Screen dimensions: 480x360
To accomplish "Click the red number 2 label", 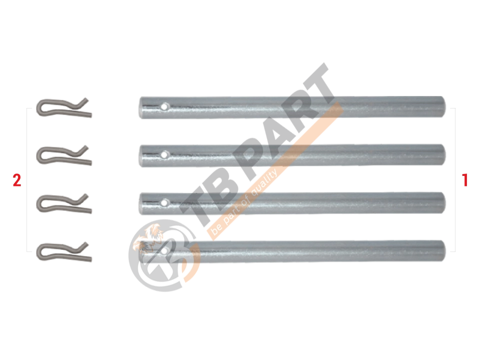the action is pyautogui.click(x=17, y=180).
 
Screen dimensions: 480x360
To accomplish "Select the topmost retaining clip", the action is pyautogui.click(x=64, y=108).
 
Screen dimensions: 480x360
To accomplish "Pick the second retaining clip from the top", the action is pyautogui.click(x=64, y=155).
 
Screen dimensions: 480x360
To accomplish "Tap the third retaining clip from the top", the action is pyautogui.click(x=64, y=203).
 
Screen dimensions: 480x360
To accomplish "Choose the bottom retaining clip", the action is pyautogui.click(x=64, y=251).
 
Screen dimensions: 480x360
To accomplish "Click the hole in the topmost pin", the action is pyautogui.click(x=164, y=106).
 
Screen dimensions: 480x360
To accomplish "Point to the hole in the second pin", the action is pyautogui.click(x=164, y=154).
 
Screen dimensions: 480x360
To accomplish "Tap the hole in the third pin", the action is pyautogui.click(x=164, y=202).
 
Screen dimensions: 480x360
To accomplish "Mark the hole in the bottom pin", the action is pyautogui.click(x=164, y=250).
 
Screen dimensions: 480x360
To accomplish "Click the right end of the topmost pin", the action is pyautogui.click(x=444, y=106).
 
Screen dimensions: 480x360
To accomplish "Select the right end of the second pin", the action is pyautogui.click(x=444, y=154).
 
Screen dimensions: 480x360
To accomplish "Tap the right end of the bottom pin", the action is pyautogui.click(x=444, y=250).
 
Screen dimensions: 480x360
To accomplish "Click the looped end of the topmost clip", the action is pyautogui.click(x=38, y=108).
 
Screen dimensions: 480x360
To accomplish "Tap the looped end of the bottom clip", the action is pyautogui.click(x=38, y=252).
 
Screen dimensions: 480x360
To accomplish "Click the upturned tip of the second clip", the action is pyautogui.click(x=86, y=147).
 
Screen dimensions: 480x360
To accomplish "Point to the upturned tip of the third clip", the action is pyautogui.click(x=86, y=195).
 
